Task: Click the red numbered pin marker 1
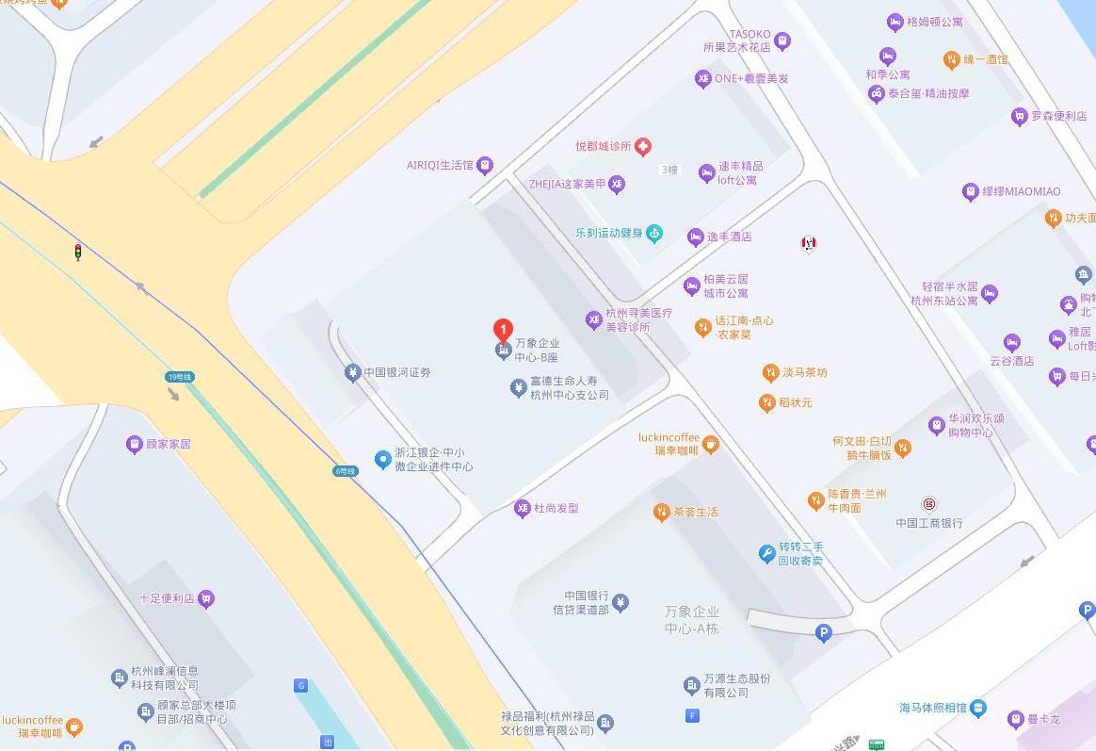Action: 504,331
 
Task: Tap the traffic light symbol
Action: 78,252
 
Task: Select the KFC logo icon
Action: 807,243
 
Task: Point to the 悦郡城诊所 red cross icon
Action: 643,146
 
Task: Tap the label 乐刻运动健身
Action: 609,233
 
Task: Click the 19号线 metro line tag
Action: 178,377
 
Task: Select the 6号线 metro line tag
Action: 346,470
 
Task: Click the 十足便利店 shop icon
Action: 206,597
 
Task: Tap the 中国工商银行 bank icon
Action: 929,504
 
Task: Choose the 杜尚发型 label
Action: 556,509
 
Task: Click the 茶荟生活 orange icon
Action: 662,512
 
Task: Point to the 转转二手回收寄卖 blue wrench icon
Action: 767,553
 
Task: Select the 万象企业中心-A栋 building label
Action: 691,620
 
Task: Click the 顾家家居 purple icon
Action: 135,443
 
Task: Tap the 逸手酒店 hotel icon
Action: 696,237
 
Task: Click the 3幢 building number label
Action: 669,170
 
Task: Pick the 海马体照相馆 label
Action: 932,708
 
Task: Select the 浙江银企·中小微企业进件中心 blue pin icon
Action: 382,460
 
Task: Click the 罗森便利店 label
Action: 1058,117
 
